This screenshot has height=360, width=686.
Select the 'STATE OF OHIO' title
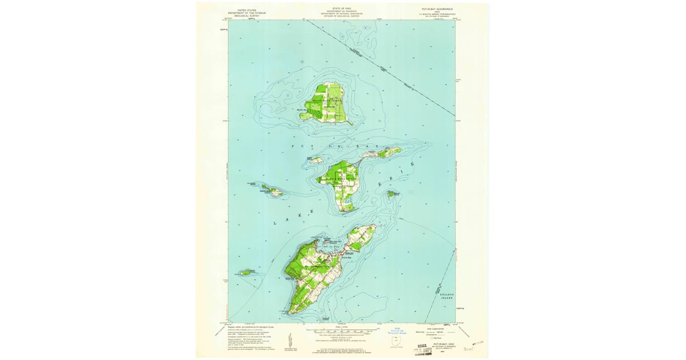pos(342,9)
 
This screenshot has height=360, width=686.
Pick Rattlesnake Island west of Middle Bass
pos(274,192)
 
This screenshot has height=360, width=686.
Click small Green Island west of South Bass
pos(247,273)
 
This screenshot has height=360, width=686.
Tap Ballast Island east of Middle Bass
pos(392,194)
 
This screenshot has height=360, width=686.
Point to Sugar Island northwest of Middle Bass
pos(316,161)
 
